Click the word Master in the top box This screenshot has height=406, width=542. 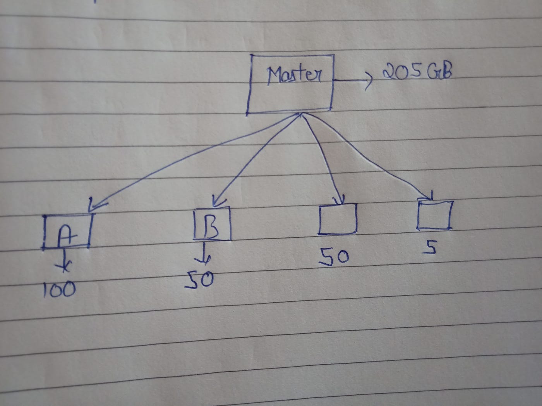[x=294, y=75]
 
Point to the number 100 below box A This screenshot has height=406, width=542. [x=59, y=289]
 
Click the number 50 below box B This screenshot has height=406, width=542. [x=199, y=279]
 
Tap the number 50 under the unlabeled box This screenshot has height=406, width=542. [x=334, y=258]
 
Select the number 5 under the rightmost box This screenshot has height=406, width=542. [x=430, y=248]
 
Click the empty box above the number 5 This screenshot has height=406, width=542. [x=434, y=215]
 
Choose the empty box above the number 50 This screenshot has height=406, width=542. [x=337, y=219]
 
